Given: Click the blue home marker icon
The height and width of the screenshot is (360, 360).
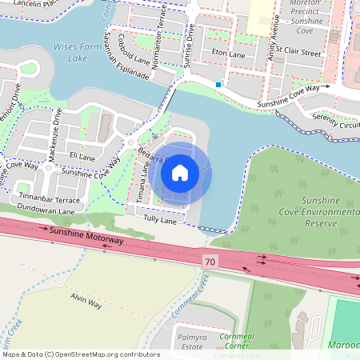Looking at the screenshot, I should pos(180,173).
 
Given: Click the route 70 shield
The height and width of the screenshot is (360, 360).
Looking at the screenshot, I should pos(210,261).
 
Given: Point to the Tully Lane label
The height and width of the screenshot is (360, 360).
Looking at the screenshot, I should pos(158,219).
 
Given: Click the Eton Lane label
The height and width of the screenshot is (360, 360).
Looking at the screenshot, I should pos(228,54).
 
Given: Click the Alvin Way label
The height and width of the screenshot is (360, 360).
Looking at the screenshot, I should pos(86,302).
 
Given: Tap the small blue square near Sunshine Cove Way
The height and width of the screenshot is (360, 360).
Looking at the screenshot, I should pos(218,82).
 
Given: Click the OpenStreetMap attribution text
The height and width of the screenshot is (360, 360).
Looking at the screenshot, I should pos(81,354).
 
